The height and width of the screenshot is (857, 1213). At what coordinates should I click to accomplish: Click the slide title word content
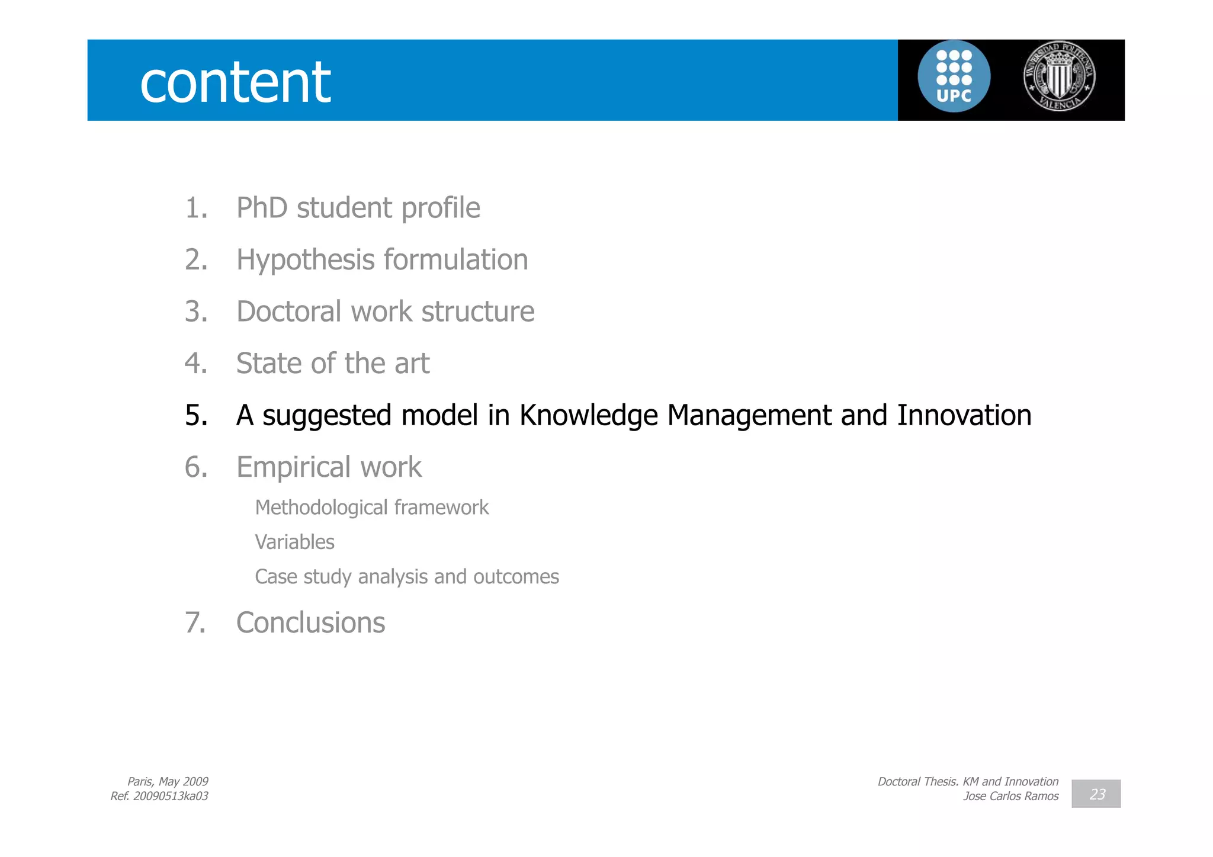235,82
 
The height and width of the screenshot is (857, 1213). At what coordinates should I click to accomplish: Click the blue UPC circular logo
954,77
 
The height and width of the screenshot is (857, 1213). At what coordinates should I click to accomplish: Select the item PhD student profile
358,208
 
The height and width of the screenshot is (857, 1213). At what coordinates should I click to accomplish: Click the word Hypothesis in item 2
305,260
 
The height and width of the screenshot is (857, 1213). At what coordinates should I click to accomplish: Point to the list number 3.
196,312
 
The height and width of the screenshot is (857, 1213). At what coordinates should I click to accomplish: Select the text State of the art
332,363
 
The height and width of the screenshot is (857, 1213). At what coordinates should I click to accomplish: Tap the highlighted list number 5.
196,415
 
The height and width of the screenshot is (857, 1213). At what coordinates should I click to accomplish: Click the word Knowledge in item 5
588,415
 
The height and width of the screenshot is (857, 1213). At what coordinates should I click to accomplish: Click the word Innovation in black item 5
964,415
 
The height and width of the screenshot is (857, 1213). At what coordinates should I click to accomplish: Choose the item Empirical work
329,467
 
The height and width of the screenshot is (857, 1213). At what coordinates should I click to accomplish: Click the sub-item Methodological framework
371,508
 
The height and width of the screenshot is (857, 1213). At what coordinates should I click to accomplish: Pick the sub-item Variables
294,542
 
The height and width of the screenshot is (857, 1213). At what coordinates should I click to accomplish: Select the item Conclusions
310,623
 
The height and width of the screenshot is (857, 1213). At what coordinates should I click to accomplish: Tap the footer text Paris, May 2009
168,781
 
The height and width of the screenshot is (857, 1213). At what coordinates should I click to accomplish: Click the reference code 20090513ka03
171,796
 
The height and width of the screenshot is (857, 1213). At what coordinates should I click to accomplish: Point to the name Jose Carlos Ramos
1010,796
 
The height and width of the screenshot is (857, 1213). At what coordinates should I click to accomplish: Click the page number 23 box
1096,794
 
